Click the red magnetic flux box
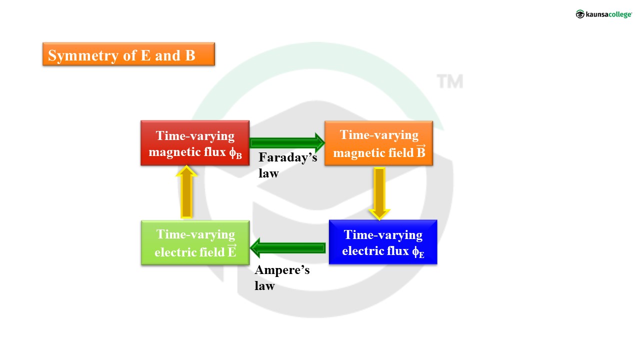coord(195,143)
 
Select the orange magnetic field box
coord(378,143)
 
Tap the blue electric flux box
coord(383,242)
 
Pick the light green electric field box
coord(195,242)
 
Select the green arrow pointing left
coord(288,247)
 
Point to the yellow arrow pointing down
coord(379,193)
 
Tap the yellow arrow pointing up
coord(186,192)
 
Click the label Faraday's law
coord(287,165)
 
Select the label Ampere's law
coord(282,278)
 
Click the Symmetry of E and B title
coord(128,54)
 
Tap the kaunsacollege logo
coord(603,14)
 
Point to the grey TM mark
coord(449,81)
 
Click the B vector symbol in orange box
coord(420,151)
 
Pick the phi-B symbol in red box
coord(235,153)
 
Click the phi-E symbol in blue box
coord(418,252)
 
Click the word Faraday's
coord(287,158)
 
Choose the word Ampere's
coord(282,270)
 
